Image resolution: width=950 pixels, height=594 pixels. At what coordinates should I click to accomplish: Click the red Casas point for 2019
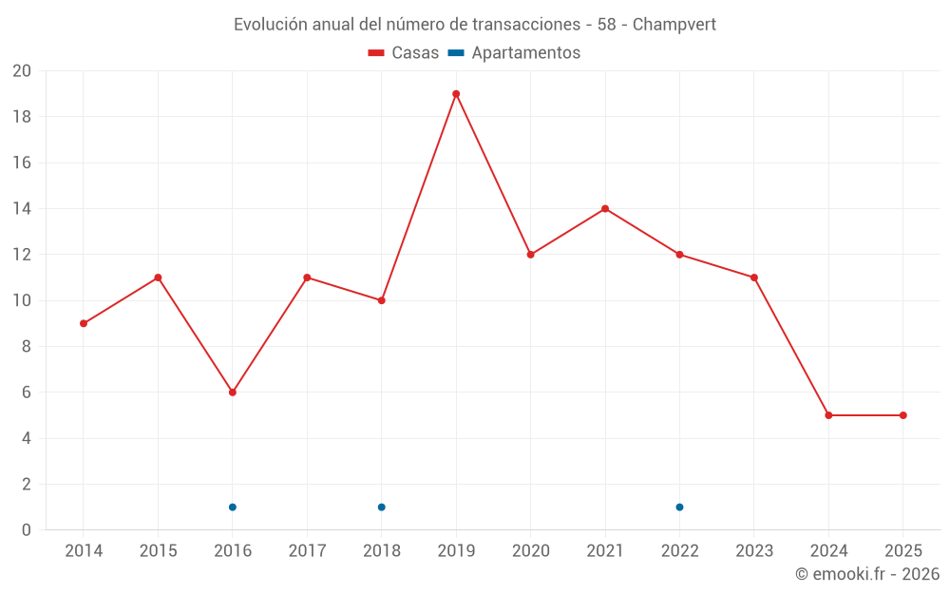(456, 94)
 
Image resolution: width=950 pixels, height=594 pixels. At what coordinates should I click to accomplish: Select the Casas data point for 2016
(233, 393)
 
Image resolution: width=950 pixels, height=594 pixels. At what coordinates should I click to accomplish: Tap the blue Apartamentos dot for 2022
(679, 507)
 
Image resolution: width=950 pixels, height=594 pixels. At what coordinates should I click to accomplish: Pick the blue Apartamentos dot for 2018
(381, 507)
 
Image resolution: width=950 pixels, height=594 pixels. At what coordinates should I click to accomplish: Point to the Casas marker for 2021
(605, 209)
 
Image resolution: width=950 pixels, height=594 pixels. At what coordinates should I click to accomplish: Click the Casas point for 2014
(84, 323)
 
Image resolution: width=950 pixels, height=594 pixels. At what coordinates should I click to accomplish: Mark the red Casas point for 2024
(828, 415)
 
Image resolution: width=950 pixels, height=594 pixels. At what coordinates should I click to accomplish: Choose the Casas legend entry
(404, 53)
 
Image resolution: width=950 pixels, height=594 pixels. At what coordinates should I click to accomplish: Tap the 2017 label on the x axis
(307, 551)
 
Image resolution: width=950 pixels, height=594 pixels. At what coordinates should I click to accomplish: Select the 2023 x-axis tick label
(754, 551)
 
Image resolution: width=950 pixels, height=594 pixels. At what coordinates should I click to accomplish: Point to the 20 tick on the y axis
(22, 71)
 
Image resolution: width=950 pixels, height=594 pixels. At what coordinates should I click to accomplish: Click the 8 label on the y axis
(27, 347)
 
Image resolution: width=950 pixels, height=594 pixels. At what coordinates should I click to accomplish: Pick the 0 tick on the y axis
(27, 530)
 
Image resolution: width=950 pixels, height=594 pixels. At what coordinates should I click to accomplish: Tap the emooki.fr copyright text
(867, 574)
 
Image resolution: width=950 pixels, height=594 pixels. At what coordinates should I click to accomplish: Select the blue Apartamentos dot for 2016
(233, 507)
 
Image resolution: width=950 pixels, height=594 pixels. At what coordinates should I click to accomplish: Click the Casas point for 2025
(902, 415)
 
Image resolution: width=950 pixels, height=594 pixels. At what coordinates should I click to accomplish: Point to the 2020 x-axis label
(530, 551)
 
